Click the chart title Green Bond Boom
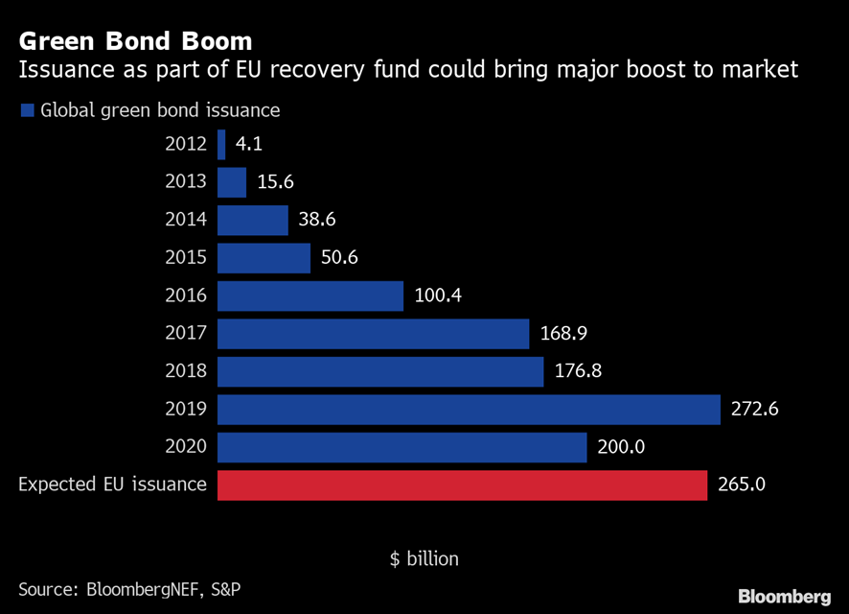(x=135, y=41)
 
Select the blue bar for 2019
(x=469, y=410)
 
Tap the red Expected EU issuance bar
(x=462, y=485)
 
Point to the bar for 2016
(x=310, y=295)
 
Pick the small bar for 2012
(x=221, y=145)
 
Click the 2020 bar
(x=402, y=448)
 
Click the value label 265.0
(x=741, y=485)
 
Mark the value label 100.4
(x=438, y=295)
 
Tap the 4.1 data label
(x=249, y=145)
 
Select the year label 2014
(x=185, y=220)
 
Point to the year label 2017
(x=185, y=334)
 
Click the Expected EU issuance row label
(x=112, y=484)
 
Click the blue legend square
(x=27, y=110)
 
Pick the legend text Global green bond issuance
(x=160, y=110)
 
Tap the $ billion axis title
(x=424, y=558)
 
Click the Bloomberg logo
(x=784, y=595)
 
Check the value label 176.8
(x=578, y=371)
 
